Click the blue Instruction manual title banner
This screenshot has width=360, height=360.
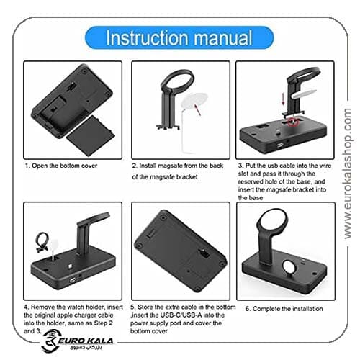coord(179,37)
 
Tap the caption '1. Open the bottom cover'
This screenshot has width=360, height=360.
coord(61,166)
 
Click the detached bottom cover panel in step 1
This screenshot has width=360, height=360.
coord(90,135)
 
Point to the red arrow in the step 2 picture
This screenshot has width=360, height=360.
coord(197,109)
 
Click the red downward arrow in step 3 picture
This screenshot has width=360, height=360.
coord(283,99)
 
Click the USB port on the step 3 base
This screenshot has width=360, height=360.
coord(280,145)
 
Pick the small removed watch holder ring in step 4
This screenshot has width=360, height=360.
coord(42,242)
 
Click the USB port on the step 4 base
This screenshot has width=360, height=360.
coord(73,280)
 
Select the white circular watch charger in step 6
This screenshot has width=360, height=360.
coord(290,267)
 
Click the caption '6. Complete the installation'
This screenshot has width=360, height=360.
coord(284,309)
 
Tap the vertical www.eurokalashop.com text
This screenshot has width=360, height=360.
coord(348,174)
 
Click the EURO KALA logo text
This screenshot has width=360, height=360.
coord(86,341)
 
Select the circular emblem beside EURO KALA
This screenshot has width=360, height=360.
coord(50,341)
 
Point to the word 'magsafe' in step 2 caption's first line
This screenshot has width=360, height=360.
coord(171,166)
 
